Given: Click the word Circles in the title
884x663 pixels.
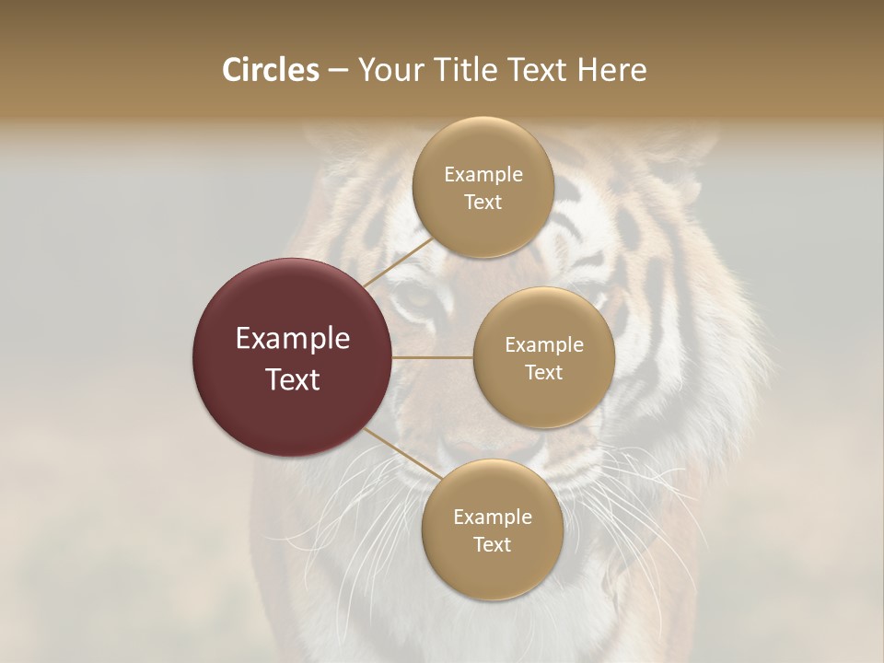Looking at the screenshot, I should (x=270, y=70).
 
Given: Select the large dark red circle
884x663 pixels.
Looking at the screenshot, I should (x=293, y=357).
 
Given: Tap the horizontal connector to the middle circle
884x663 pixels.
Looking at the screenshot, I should (x=433, y=357).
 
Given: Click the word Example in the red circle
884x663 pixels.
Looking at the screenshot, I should (x=293, y=339).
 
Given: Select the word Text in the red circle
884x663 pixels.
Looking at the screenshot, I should (x=293, y=379).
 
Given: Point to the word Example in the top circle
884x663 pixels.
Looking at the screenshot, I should (x=483, y=175).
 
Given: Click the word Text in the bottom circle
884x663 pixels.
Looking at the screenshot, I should (x=492, y=545).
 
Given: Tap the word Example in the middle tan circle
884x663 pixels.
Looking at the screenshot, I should (x=544, y=345).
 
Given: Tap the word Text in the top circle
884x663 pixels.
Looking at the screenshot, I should (x=483, y=203).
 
